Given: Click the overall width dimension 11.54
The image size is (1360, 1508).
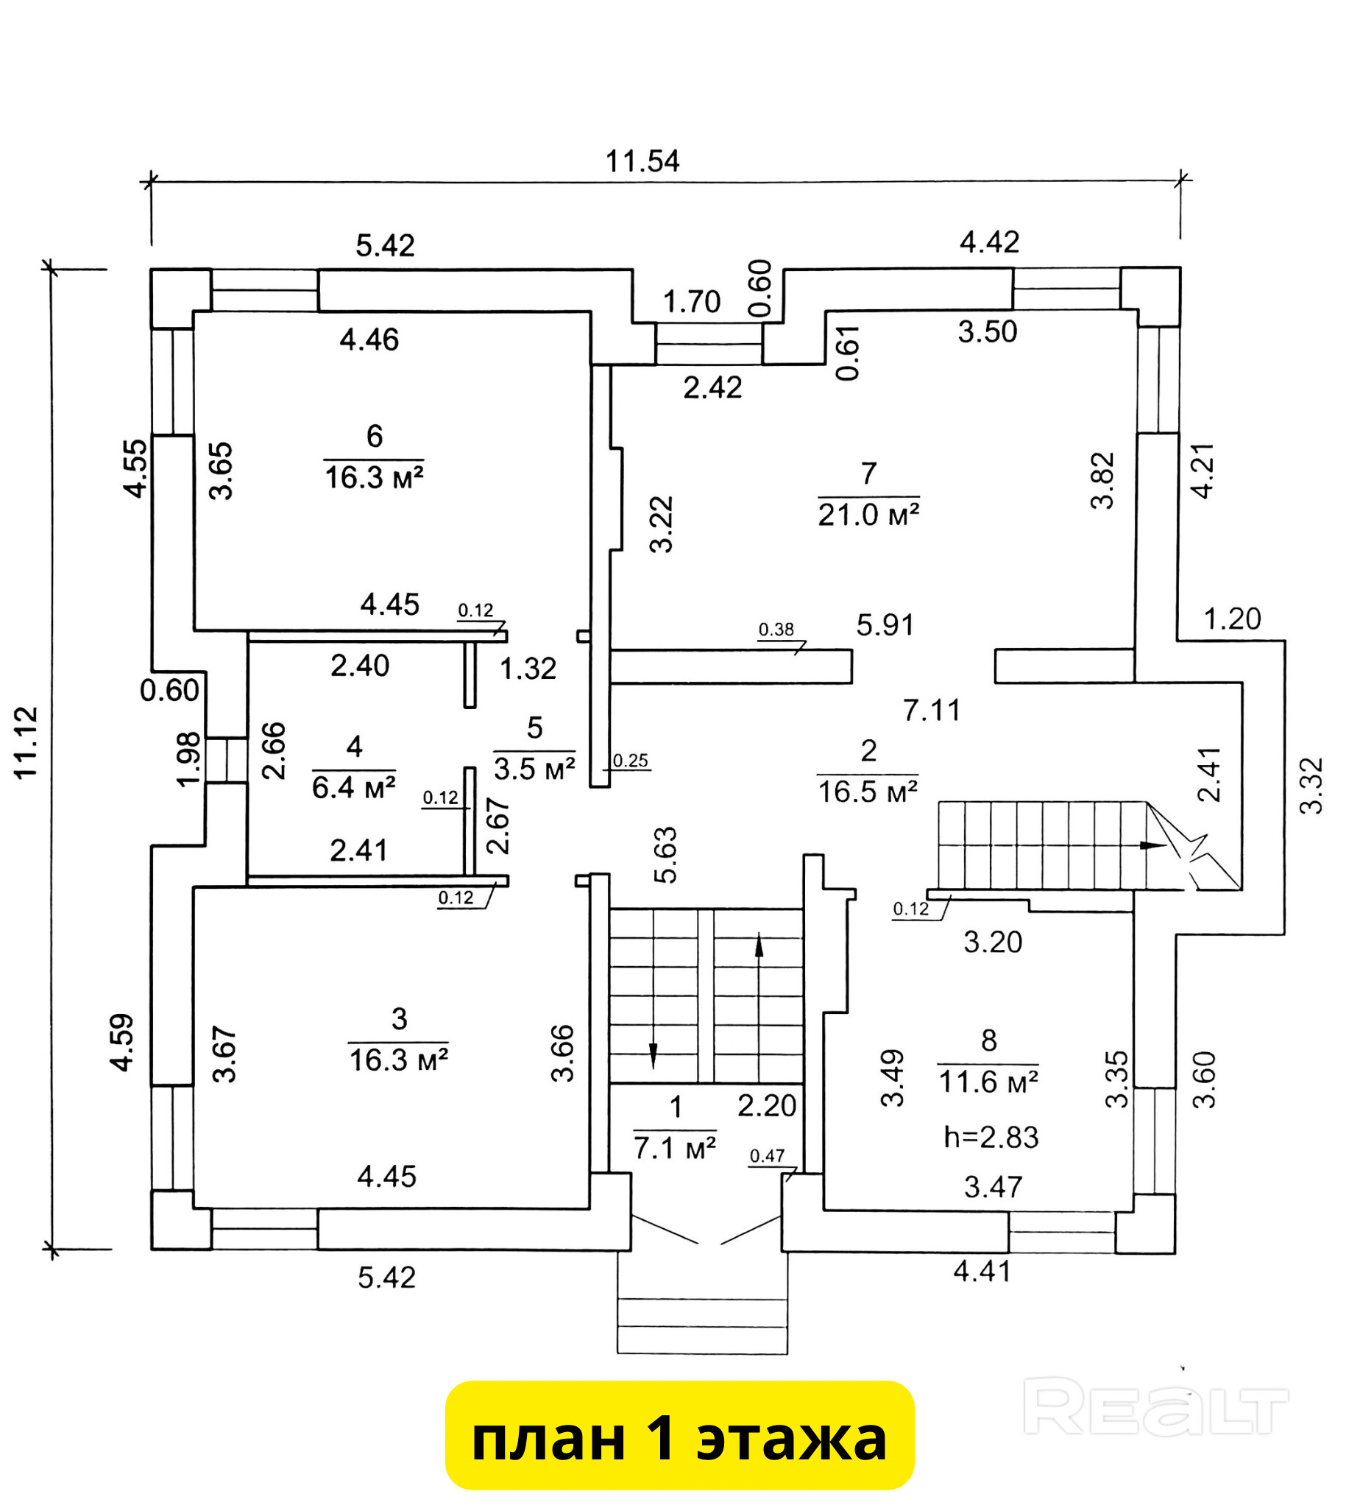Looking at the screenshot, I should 642,161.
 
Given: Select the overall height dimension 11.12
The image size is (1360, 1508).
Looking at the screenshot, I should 27,742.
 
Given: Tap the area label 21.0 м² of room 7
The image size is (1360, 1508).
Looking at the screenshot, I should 868,515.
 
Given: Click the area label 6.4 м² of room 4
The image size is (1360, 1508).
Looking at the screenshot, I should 353,788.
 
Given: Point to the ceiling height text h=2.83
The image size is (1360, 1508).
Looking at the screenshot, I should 991,1137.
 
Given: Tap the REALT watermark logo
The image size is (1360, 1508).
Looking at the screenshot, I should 1155,1409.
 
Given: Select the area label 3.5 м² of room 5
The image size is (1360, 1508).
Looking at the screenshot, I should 534,769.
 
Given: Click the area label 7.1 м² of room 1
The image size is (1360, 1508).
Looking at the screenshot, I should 675,1147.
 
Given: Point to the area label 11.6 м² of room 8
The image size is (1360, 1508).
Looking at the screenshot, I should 988,1082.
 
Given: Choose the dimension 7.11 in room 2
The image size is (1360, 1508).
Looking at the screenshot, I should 931,711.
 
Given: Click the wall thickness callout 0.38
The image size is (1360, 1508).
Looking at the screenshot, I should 776,630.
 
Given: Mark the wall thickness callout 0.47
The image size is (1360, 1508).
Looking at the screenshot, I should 767,1156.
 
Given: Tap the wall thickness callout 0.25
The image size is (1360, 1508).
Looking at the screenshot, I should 630,761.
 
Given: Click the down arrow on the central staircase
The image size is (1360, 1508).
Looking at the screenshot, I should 653,1056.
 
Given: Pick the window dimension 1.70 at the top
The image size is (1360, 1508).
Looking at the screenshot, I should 691,302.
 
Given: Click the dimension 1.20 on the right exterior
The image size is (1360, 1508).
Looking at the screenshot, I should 1231,619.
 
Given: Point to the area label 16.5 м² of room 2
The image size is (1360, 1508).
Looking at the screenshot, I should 868,792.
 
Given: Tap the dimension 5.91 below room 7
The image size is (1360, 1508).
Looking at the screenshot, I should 885,625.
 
